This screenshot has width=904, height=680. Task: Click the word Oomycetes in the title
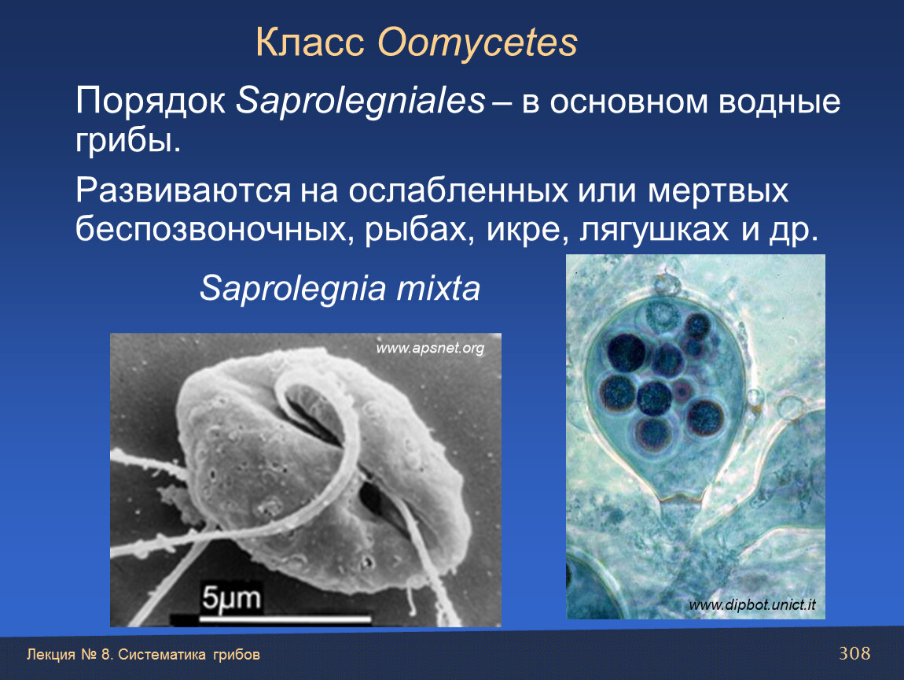click(477, 42)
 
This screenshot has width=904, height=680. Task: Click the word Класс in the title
click(311, 42)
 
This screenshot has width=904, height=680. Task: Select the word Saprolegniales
click(361, 102)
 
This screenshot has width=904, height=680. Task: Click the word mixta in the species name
click(438, 288)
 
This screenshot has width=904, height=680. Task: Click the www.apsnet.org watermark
click(430, 348)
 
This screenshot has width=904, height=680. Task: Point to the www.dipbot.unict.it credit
click(752, 605)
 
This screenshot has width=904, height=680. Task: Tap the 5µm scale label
click(230, 598)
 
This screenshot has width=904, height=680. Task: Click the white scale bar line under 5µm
click(285, 619)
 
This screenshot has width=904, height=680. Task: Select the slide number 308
click(854, 653)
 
